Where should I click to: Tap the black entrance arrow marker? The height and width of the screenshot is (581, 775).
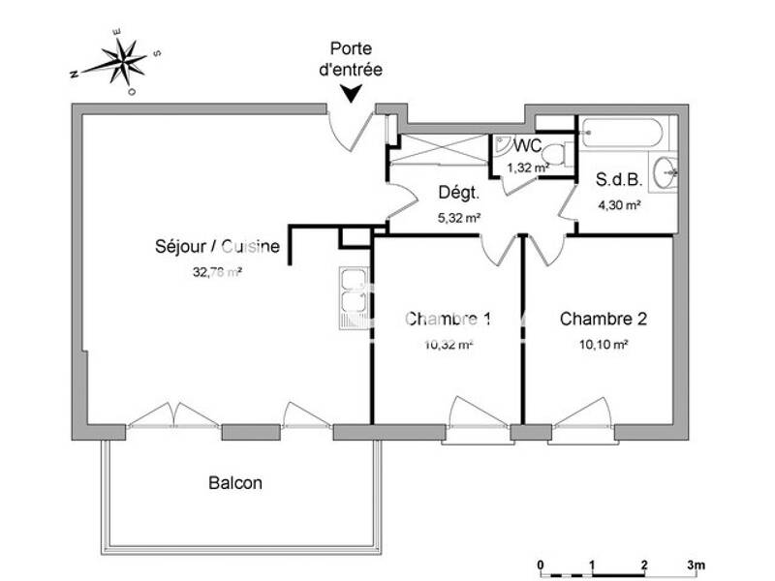click(x=352, y=93)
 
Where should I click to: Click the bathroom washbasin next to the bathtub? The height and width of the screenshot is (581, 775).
click(x=666, y=174)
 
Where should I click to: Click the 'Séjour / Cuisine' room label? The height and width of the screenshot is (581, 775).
click(x=218, y=247)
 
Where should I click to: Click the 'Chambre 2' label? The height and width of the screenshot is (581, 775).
click(x=604, y=319)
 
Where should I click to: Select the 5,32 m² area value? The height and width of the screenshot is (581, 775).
click(x=459, y=218)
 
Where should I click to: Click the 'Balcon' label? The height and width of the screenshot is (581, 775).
click(x=234, y=482)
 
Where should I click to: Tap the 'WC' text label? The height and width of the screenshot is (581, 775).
click(x=527, y=146)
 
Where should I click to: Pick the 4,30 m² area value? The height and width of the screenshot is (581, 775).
click(x=619, y=204)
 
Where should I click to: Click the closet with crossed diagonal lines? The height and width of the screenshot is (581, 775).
click(x=442, y=150)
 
